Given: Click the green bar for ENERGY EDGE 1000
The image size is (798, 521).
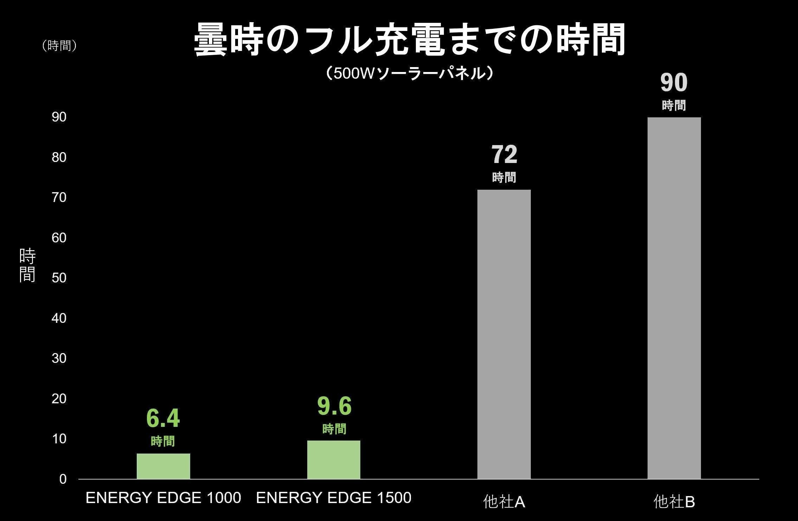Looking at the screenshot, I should (163, 466).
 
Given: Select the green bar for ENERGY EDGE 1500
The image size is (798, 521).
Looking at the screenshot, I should (334, 460).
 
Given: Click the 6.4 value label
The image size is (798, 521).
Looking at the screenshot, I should (163, 418).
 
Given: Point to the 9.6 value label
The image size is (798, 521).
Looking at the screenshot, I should (334, 406).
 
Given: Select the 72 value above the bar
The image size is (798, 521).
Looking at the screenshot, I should (504, 155).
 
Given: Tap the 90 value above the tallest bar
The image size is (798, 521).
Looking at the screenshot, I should (674, 83).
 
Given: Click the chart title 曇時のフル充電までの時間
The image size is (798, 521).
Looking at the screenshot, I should (410, 39).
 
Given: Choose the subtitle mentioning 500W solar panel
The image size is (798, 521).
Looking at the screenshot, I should (410, 73).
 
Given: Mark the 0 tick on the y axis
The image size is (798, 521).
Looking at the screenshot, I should (63, 479).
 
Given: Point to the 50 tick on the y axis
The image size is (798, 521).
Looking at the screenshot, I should (59, 278).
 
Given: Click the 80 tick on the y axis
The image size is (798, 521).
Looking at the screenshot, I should (59, 157).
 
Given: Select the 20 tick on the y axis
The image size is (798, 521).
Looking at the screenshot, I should (59, 399).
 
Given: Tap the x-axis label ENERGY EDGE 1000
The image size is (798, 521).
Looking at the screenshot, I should (163, 498).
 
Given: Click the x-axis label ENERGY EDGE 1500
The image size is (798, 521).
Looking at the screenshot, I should (334, 498).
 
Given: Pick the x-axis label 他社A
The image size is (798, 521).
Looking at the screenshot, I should (504, 502).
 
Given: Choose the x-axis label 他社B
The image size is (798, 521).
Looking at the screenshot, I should (674, 502).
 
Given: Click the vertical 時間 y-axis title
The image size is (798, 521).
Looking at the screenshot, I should (27, 265).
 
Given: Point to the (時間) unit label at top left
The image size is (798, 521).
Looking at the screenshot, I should (59, 46).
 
